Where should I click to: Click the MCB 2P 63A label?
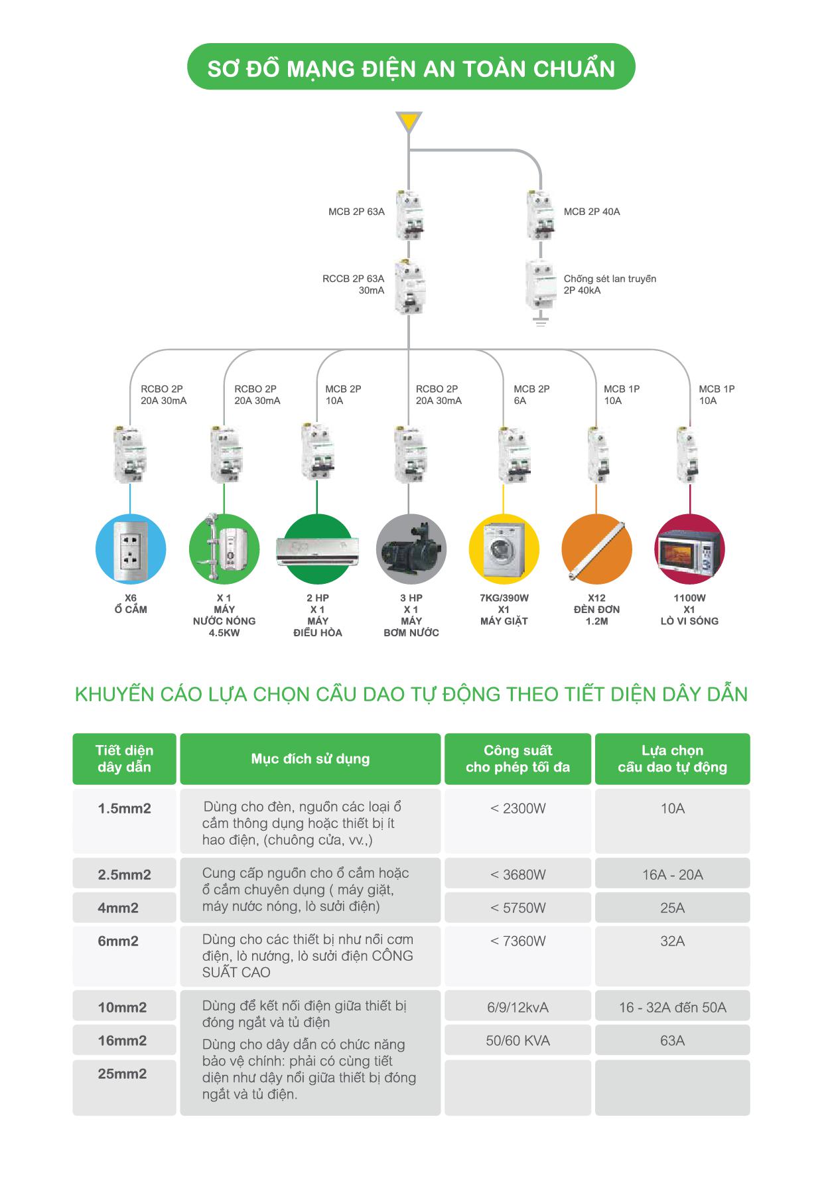(356, 212)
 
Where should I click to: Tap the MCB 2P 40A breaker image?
(541, 215)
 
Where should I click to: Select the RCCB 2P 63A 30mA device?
(409, 287)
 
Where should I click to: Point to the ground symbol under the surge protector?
(541, 322)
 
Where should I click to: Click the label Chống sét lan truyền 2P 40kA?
(610, 285)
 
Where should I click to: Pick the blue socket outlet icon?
(131, 549)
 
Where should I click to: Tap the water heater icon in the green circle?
(224, 549)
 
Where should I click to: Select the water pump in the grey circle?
(411, 549)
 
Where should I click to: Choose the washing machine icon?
(504, 549)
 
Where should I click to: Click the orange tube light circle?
(596, 549)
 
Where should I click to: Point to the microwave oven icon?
(690, 549)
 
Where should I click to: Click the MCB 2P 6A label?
(531, 395)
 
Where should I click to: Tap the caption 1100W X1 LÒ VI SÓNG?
(689, 610)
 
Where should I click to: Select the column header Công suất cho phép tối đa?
(518, 759)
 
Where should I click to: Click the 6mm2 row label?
(118, 941)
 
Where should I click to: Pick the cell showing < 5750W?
(518, 908)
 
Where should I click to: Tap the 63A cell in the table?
(672, 1040)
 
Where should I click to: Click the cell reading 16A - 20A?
(672, 874)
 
